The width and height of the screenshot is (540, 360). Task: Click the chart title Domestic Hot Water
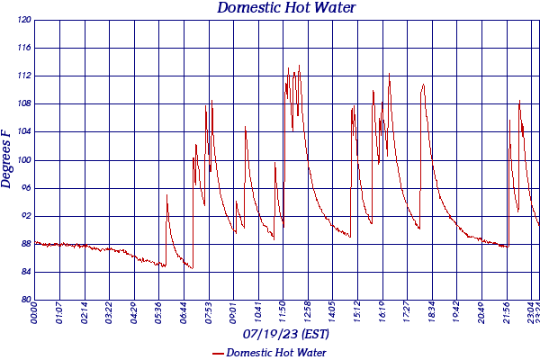point(286,8)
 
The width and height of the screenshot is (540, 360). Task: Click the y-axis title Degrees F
point(7,158)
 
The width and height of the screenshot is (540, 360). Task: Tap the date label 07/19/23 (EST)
point(286,334)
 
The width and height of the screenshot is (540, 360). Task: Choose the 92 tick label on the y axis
point(26,216)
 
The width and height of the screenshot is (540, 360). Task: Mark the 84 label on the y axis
point(26,272)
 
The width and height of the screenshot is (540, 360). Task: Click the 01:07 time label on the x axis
point(59,313)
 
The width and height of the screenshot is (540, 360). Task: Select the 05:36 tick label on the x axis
point(159,313)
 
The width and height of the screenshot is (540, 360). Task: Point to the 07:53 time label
point(209,313)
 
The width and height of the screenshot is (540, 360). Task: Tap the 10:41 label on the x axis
point(258,313)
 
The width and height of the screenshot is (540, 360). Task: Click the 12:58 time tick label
point(308,313)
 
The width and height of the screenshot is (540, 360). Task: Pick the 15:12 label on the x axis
point(357,313)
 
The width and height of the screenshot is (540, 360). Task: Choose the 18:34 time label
point(432,313)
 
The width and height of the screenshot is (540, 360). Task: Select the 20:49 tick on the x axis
point(481,313)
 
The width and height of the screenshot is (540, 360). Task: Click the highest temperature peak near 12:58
point(299,65)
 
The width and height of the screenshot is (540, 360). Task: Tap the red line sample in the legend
point(217,353)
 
